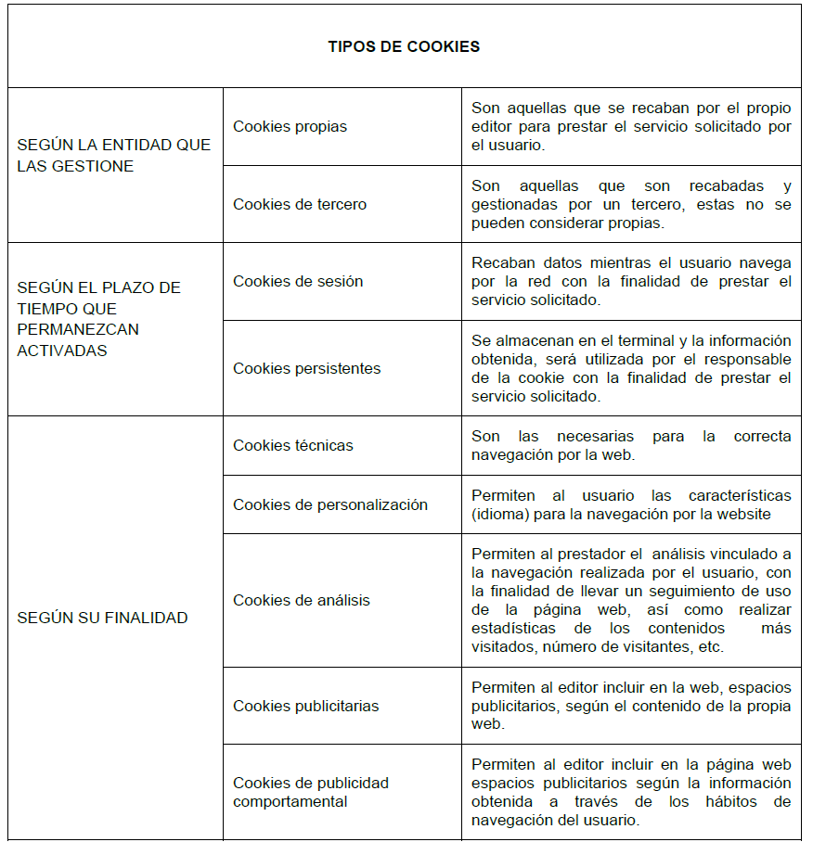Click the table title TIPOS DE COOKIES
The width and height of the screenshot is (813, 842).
tap(404, 46)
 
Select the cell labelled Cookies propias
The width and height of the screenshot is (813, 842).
tap(290, 126)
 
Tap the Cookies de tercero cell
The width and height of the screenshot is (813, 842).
tap(300, 204)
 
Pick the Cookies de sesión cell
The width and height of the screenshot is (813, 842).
tap(298, 281)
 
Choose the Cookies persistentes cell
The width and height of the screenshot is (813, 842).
tap(306, 368)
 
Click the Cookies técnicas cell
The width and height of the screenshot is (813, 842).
tap(293, 445)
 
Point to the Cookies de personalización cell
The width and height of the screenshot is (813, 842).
tap(330, 504)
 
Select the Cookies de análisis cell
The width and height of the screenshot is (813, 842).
tap(302, 600)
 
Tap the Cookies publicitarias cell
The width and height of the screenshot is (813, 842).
tap(306, 706)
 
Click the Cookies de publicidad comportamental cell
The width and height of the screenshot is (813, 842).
tap(311, 792)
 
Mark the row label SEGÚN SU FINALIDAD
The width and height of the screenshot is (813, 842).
tap(102, 618)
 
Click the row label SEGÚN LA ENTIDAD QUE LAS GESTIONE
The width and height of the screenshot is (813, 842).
tap(114, 156)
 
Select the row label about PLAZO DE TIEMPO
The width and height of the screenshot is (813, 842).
tap(98, 318)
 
